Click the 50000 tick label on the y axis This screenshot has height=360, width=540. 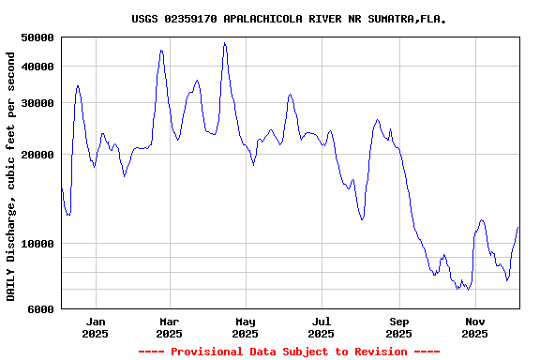pos(37,37)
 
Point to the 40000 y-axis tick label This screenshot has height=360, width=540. pos(37,66)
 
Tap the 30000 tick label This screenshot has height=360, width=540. pos(37,102)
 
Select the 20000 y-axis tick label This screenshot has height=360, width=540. pos(37,155)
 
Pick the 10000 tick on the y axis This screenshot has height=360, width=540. pos(37,244)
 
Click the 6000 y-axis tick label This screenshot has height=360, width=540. pos(41,308)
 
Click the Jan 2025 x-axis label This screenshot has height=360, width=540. pos(95,326)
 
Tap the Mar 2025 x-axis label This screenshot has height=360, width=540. pos(169,326)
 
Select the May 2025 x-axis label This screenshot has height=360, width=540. pos(245,326)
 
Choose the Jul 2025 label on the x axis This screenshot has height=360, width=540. pos(322,326)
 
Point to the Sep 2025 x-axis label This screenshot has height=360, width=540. pos(398,326)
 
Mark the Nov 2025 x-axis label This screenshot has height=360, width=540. pos(475,326)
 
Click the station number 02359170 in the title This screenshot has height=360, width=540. pos(189,19)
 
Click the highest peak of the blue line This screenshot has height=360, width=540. pos(224,42)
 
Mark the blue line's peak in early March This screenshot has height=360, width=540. pos(161,51)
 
